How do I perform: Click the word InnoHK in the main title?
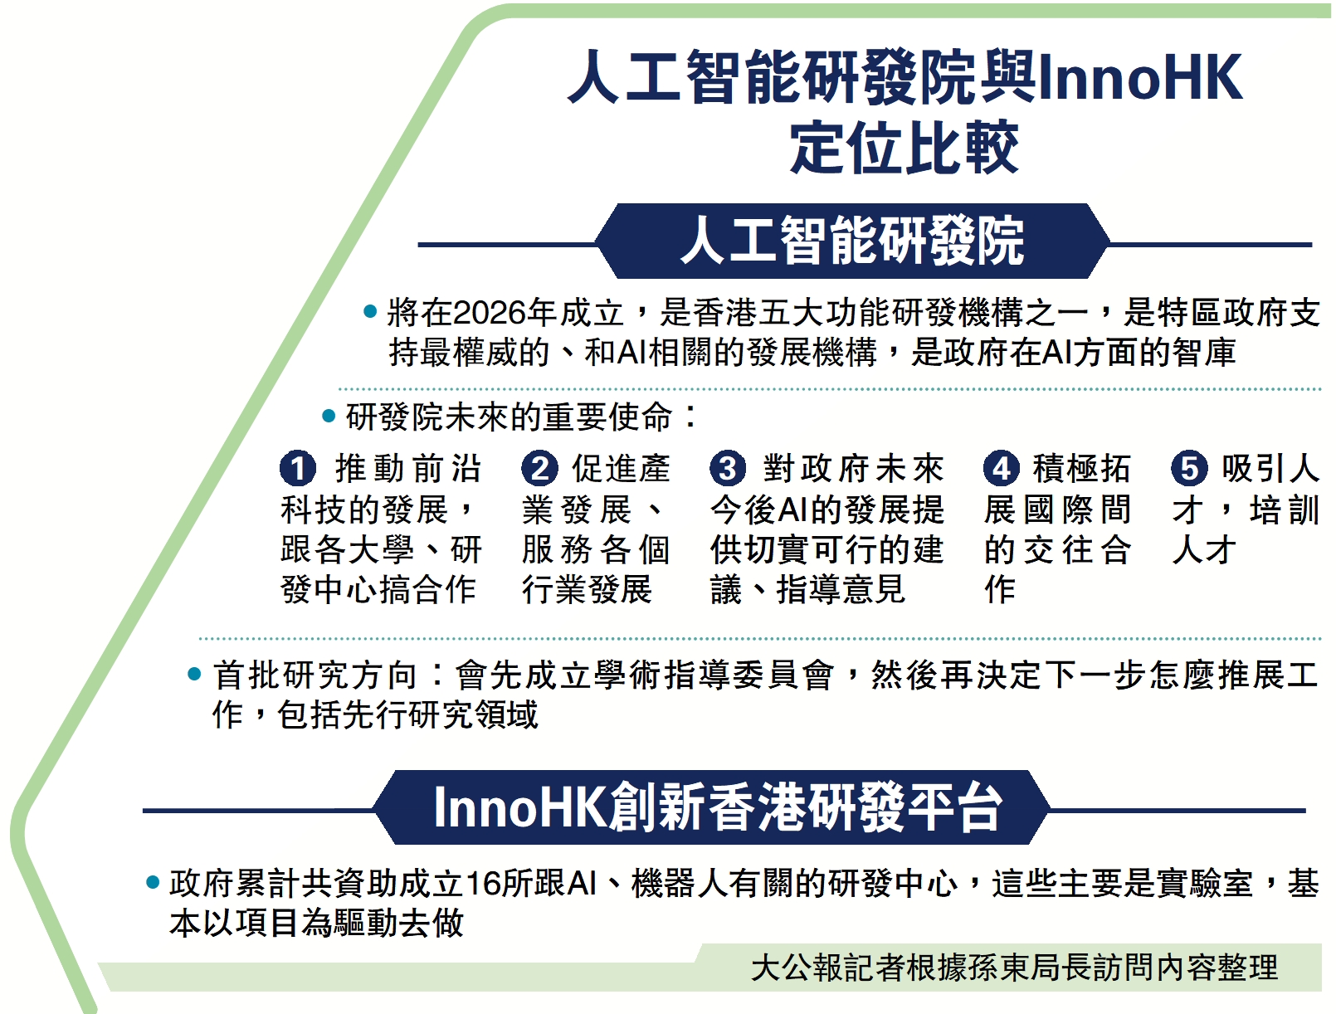(1139, 76)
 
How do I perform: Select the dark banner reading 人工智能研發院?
(852, 241)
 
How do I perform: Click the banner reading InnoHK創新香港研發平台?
(712, 807)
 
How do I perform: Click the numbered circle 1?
(298, 468)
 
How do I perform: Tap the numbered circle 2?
(539, 468)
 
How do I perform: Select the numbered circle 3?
(728, 468)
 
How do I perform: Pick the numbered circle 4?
(1002, 468)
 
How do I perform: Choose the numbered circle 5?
(1189, 468)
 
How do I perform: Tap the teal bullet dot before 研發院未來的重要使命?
(329, 417)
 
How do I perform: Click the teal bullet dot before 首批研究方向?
(194, 674)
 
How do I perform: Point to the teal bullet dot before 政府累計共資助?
(153, 882)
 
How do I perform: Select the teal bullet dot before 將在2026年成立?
(370, 312)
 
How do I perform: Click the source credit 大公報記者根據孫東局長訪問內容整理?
(1014, 968)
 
